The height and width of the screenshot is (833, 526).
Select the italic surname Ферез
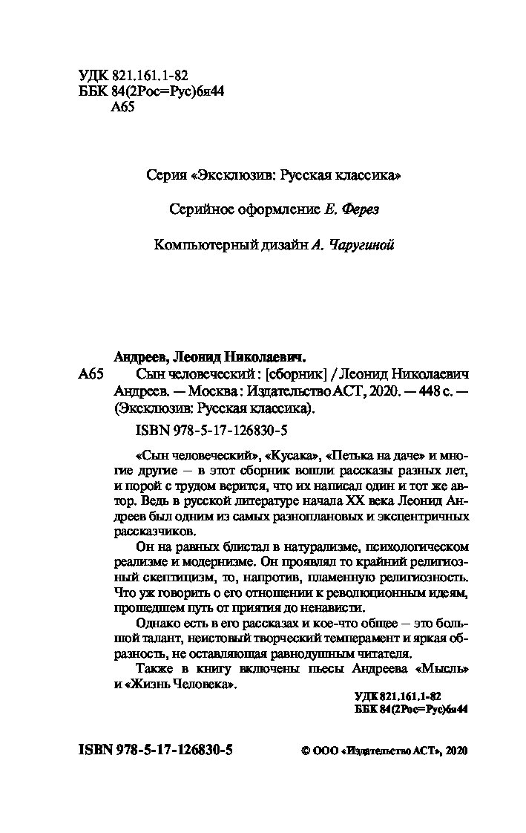[359, 210]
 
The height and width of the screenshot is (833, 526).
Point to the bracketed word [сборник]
[297, 373]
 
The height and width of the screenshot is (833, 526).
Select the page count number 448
[411, 391]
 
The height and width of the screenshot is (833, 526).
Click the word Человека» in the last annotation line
[203, 686]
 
